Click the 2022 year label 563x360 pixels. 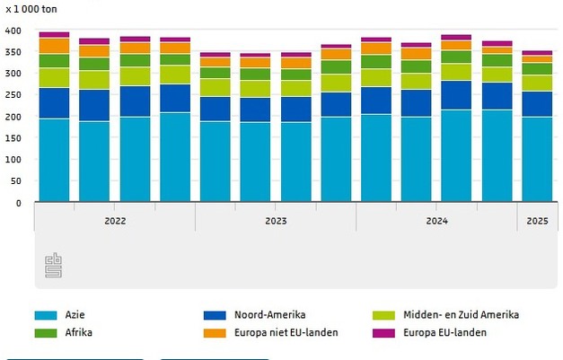point(115,220)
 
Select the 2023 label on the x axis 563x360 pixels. point(276,220)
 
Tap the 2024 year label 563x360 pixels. point(436,220)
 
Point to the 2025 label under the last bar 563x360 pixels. point(537,220)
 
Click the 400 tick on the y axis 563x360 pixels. point(13,31)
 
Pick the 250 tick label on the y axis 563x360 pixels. point(13,95)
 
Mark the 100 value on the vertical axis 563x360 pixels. point(13,160)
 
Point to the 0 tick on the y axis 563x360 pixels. point(17,203)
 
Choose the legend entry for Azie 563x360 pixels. point(74,315)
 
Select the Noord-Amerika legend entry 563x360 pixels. point(269,315)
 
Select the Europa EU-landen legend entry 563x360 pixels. point(446,332)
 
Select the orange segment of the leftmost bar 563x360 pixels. point(54,46)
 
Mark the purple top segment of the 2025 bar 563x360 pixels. point(537,53)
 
